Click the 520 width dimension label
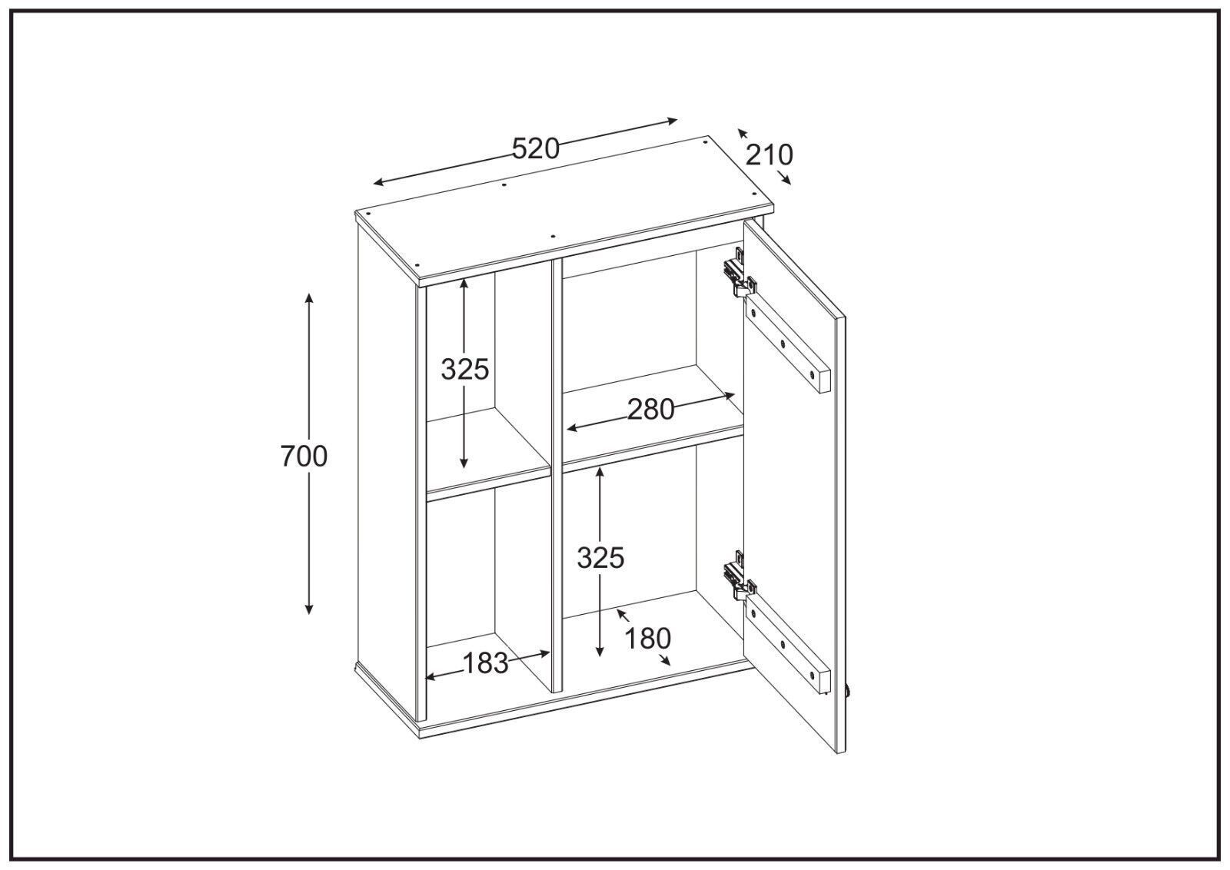tap(535, 149)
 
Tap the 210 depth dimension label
tap(769, 155)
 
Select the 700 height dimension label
tap(304, 456)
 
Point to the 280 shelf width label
tap(650, 410)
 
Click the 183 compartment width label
tap(485, 663)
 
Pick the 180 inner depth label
tap(648, 639)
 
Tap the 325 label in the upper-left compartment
tap(464, 370)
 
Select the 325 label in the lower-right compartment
tap(600, 559)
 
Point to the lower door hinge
tap(740, 576)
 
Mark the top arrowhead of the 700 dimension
tap(309, 297)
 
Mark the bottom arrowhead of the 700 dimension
tap(309, 609)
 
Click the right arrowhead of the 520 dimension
tap(673, 121)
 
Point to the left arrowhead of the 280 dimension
tap(572, 428)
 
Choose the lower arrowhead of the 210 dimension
tap(787, 181)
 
